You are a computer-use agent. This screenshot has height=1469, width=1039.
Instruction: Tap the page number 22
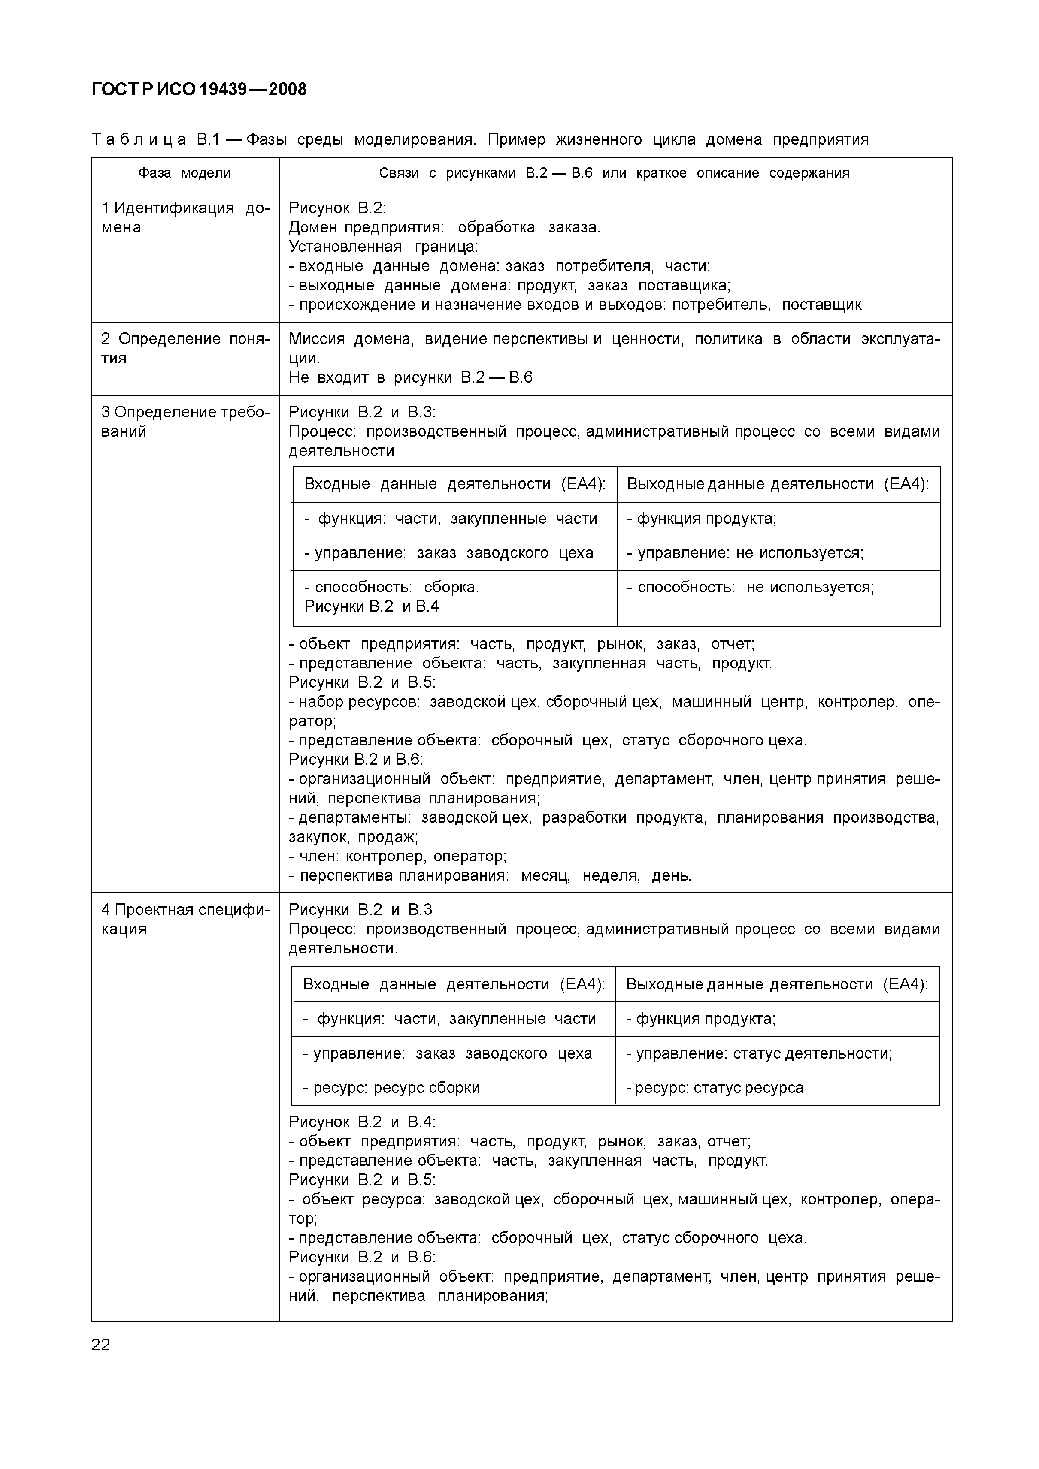pos(101,1344)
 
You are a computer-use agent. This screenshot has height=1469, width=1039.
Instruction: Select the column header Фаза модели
pos(185,173)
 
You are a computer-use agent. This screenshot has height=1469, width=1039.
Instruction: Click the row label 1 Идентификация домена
pos(185,217)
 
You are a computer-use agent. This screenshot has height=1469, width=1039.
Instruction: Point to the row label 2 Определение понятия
pos(185,348)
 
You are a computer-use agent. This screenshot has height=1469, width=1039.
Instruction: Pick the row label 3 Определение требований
pos(185,421)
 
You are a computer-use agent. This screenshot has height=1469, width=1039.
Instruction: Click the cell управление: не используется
pos(745,553)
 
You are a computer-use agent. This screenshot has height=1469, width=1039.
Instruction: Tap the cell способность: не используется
pos(750,587)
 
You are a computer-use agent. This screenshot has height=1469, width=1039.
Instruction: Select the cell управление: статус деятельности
pos(759,1053)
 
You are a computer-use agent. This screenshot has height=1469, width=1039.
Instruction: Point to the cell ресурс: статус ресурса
pos(715,1088)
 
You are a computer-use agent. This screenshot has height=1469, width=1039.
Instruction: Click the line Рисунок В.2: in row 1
pos(337,208)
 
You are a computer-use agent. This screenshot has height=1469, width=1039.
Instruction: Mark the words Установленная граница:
pos(384,246)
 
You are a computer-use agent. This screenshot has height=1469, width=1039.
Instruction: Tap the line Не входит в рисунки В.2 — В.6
pos(410,377)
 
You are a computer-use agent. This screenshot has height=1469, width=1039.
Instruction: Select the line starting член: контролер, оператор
pos(397,856)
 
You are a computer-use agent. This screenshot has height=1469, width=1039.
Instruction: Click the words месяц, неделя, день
pos(606,875)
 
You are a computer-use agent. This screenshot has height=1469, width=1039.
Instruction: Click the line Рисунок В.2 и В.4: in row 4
pos(362,1122)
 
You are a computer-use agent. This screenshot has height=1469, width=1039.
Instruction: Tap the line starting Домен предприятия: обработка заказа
pos(444,227)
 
